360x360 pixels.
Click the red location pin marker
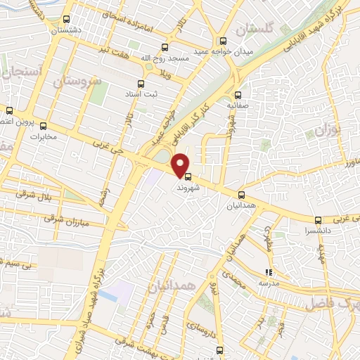tap(181, 164)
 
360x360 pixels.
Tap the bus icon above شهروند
tap(187, 176)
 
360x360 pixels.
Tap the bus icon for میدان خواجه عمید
tap(223, 41)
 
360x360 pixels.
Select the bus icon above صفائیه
tap(238, 95)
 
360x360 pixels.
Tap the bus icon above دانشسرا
tap(318, 220)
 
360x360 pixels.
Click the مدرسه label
tap(267, 283)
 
